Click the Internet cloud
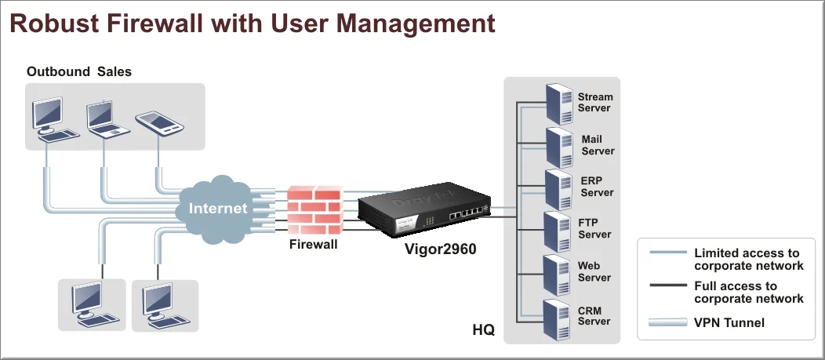[217, 208]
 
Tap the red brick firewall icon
[314, 210]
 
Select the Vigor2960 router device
[423, 211]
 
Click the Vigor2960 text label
[441, 249]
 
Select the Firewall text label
[313, 245]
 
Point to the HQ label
[483, 329]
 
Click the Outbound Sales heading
[79, 71]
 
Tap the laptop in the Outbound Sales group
[104, 118]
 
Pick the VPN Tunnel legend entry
[728, 322]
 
